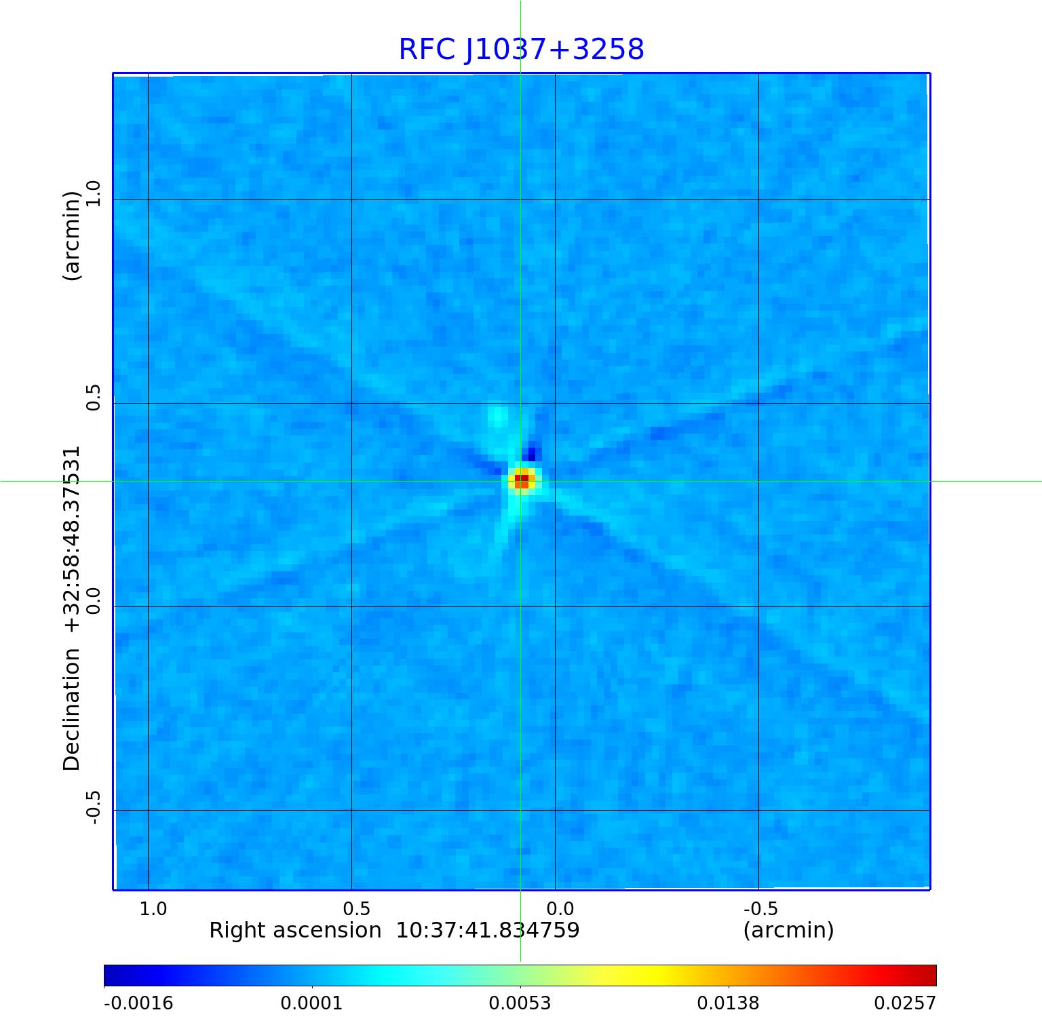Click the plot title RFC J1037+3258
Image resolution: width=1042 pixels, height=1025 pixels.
[521, 50]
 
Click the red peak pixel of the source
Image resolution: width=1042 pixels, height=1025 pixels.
[521, 480]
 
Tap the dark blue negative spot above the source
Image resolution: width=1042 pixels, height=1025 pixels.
[531, 452]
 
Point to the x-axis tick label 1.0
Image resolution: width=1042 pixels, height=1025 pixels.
[153, 908]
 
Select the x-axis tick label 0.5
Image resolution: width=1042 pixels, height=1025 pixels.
[356, 908]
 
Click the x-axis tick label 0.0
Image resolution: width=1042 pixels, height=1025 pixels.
[560, 908]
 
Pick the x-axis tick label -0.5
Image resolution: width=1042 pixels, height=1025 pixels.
[760, 908]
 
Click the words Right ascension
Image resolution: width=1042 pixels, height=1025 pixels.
[295, 930]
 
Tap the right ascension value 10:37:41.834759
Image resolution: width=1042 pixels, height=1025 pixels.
[488, 930]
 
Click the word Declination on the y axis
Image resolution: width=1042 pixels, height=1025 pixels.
[72, 709]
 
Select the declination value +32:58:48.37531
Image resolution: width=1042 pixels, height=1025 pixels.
[72, 539]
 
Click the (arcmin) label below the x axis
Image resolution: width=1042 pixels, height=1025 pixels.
[788, 930]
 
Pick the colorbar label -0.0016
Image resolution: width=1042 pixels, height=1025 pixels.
[138, 1003]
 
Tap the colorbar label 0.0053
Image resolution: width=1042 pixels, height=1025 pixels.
[520, 1003]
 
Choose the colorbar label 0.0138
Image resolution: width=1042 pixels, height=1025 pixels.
[728, 1003]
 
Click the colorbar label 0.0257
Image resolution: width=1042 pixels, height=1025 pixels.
[904, 1003]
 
